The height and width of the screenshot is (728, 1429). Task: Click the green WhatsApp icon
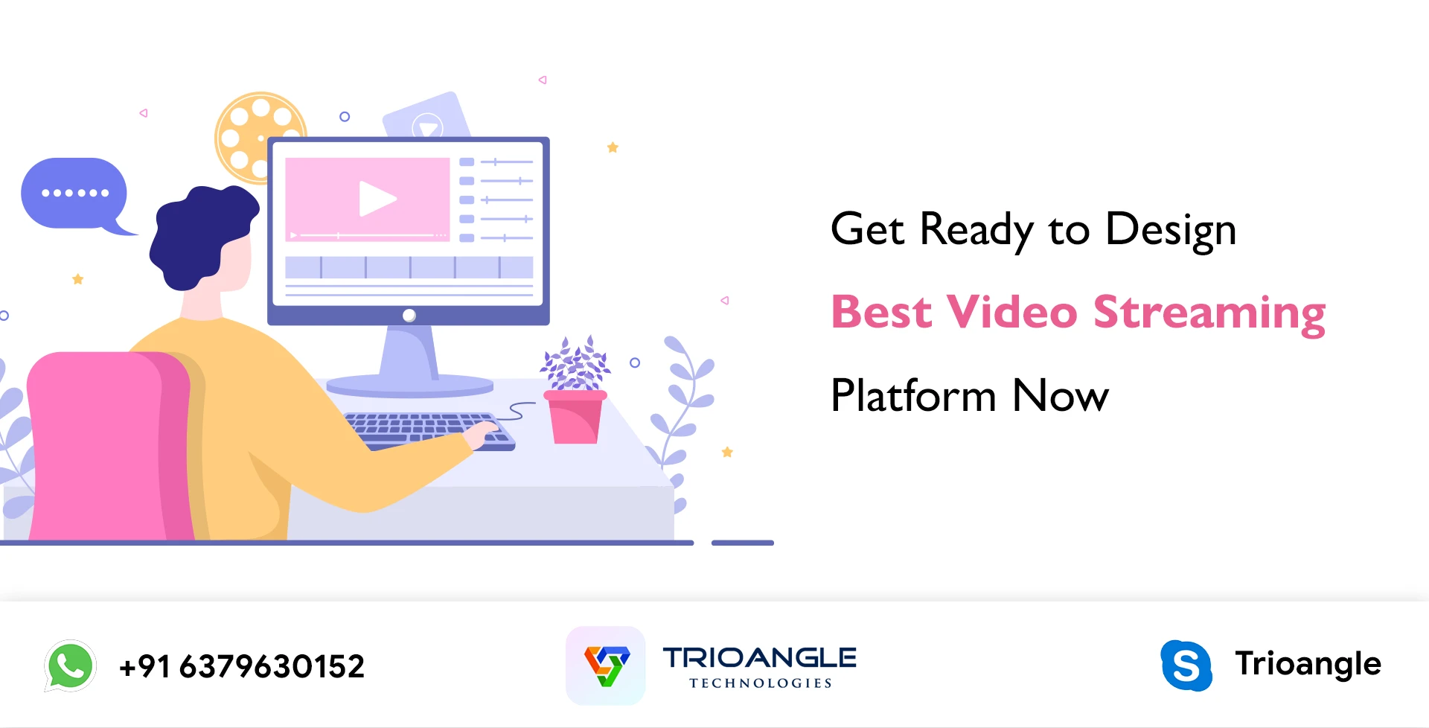pos(70,665)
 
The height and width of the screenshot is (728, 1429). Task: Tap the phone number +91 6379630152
pos(242,666)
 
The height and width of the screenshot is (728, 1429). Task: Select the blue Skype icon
pos(1186,665)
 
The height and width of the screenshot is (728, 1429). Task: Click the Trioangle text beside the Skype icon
pos(1308,663)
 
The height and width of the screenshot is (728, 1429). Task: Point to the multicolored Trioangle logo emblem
pos(606,665)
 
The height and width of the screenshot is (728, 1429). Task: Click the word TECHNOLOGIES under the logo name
pos(760,683)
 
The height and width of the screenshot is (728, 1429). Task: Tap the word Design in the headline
pos(1170,229)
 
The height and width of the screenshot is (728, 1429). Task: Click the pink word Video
pos(1011,312)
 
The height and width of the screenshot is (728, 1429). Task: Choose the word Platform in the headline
pos(912,395)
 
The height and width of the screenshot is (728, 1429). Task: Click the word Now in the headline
pos(1060,395)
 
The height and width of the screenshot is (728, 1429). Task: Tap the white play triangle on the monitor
pos(376,199)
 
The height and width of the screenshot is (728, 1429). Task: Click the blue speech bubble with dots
pos(74,194)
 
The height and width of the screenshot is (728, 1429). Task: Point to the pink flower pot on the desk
pos(575,417)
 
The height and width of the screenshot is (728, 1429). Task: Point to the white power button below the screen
pos(409,316)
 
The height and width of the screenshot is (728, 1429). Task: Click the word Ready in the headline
pos(976,229)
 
